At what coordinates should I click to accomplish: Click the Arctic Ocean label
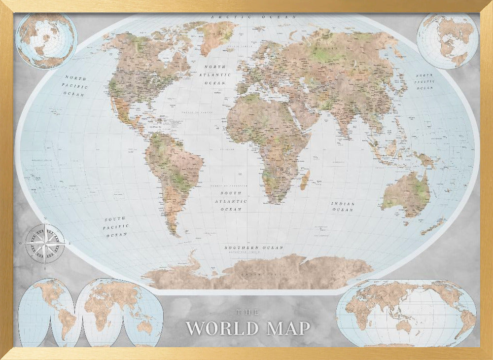coord(254,17)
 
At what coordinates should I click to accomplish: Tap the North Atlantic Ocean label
coord(215,74)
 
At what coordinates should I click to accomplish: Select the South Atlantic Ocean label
coord(231,201)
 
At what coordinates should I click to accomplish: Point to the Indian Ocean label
coord(343,207)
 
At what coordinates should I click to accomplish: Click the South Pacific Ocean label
coord(115,227)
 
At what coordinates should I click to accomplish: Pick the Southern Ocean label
coord(254,248)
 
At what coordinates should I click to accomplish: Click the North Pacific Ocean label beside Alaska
coord(75,86)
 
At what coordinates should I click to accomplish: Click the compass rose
coord(44,242)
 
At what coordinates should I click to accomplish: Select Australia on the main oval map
coord(406,193)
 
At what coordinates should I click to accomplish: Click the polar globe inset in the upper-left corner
coord(46,40)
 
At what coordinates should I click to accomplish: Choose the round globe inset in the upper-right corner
coord(448,40)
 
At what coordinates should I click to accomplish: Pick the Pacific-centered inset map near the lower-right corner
coord(406,313)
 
